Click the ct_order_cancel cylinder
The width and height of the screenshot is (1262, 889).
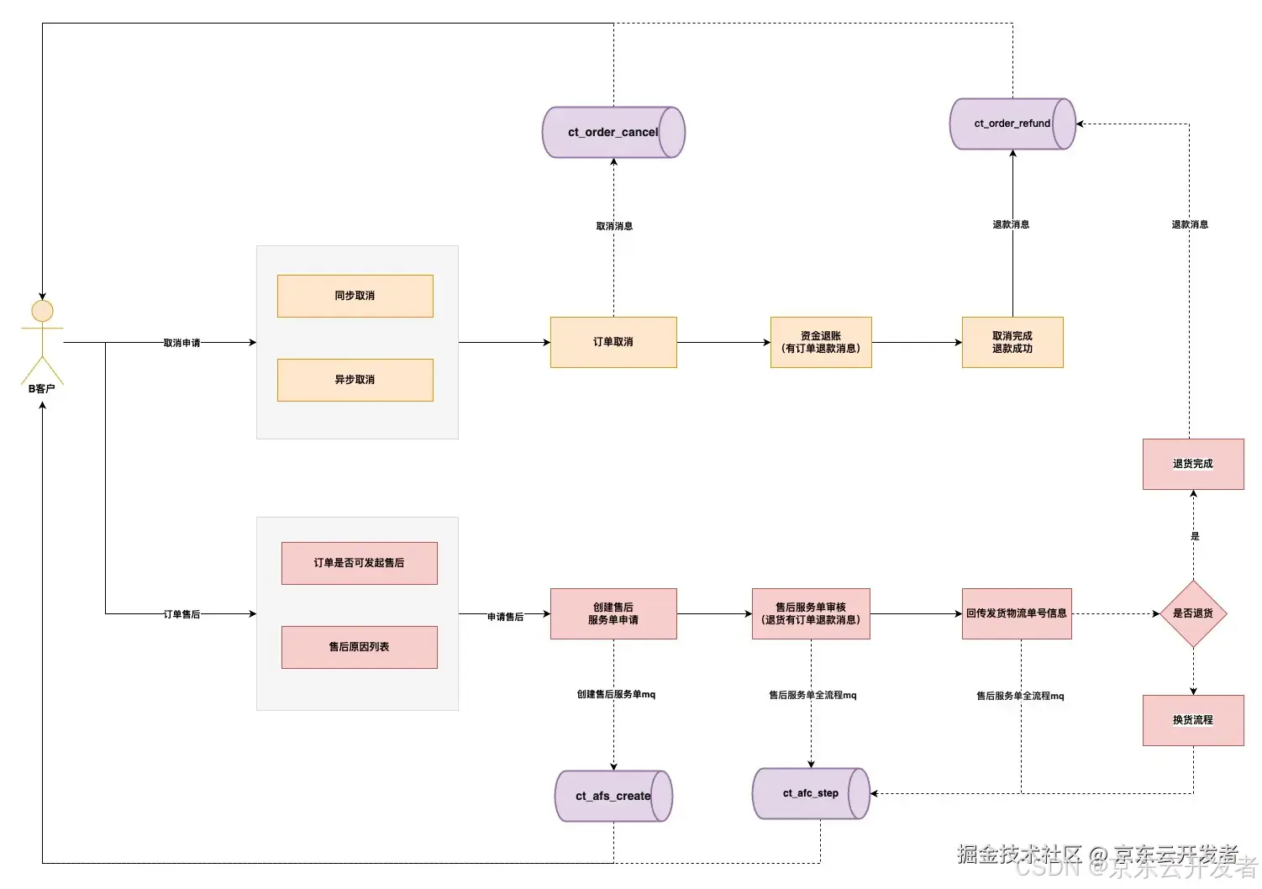tap(613, 132)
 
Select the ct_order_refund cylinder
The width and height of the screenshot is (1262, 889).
tap(1012, 124)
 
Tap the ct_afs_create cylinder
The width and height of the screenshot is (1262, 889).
tap(613, 796)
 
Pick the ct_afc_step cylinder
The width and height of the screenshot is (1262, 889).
tap(810, 793)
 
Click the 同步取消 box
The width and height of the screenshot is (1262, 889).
tap(355, 296)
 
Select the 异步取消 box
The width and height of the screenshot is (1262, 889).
tap(355, 380)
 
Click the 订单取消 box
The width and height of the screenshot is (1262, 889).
tap(613, 342)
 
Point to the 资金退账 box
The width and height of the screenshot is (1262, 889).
tap(821, 342)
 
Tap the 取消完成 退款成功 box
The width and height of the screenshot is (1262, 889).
tap(1012, 342)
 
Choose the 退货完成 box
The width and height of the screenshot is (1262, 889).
tap(1193, 464)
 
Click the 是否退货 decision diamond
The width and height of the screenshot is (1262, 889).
tap(1193, 613)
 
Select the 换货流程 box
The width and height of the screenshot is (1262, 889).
tap(1193, 720)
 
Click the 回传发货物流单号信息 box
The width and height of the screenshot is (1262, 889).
tap(1017, 613)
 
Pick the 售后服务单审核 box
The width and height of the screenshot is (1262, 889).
tap(811, 613)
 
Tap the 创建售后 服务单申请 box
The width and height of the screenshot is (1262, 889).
tap(613, 613)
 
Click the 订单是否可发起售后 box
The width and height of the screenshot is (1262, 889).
tap(359, 563)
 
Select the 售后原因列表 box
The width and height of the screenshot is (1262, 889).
tap(359, 647)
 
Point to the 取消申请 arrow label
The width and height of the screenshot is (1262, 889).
tap(181, 343)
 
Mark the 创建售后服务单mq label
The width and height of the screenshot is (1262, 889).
tap(616, 694)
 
